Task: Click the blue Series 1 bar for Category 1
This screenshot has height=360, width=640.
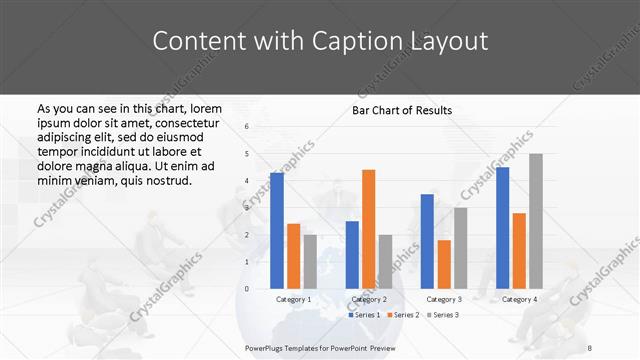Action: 277,231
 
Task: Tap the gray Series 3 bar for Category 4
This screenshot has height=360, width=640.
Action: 535,221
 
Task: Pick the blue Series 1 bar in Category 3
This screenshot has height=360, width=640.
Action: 427,241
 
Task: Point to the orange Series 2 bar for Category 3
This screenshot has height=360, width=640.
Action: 444,264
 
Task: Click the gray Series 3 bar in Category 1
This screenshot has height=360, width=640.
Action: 310,261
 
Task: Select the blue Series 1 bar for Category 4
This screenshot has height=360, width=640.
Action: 502,228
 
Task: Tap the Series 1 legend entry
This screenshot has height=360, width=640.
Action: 364,315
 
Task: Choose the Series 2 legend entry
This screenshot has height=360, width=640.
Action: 403,315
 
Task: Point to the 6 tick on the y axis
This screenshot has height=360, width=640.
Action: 247,127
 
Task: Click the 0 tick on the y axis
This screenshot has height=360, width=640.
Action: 247,289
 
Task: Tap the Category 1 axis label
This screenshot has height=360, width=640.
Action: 294,299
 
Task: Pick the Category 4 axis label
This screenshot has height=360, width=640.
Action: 519,299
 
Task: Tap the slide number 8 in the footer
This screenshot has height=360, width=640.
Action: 591,347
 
